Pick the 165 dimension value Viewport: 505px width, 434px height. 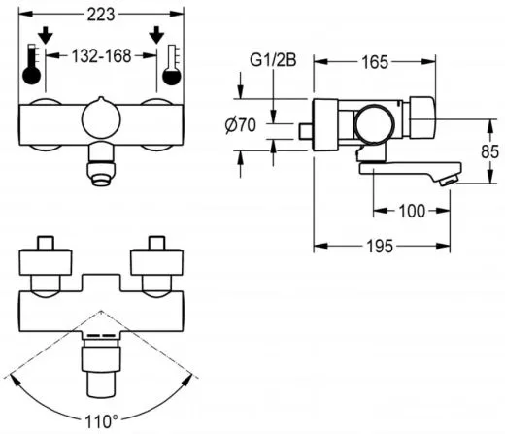pyautogui.click(x=374, y=61)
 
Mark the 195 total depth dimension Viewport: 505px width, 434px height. pyautogui.click(x=381, y=247)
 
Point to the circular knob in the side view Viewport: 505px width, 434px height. pyautogui.click(x=372, y=124)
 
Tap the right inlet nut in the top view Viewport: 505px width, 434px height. pyautogui.click(x=155, y=263)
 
